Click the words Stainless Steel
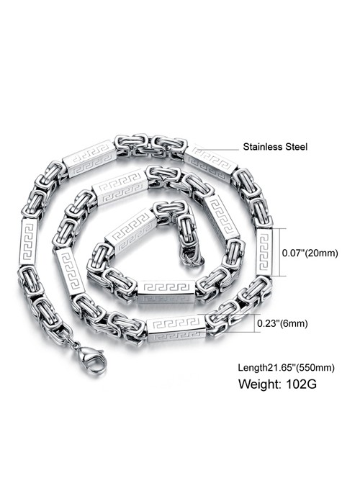click(x=275, y=147)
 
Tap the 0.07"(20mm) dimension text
click(x=310, y=253)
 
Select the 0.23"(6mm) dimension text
click(x=282, y=323)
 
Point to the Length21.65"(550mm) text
click(x=286, y=367)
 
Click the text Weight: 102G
click(x=277, y=384)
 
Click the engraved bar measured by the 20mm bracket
click(x=264, y=252)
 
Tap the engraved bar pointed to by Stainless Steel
click(x=211, y=164)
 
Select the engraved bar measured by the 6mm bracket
click(x=176, y=328)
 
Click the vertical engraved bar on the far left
click(x=28, y=242)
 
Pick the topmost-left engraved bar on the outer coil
click(x=89, y=158)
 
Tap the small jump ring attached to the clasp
click(x=76, y=345)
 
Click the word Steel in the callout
click(x=296, y=147)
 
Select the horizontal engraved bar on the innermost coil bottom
click(x=166, y=291)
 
